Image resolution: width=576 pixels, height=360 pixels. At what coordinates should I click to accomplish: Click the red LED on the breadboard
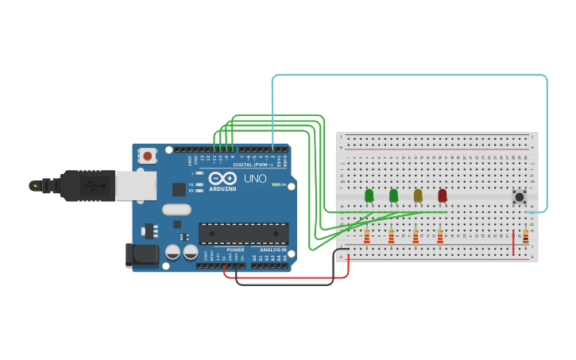(x=443, y=195)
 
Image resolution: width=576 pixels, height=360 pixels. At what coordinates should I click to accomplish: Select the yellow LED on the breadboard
(x=418, y=195)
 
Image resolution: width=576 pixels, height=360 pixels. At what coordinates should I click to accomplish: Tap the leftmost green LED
(x=369, y=195)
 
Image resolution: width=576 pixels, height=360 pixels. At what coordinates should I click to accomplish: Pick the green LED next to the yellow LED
(x=393, y=195)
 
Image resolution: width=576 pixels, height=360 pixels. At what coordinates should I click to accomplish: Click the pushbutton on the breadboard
(x=520, y=196)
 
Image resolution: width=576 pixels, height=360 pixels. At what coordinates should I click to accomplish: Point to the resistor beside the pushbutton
(x=525, y=237)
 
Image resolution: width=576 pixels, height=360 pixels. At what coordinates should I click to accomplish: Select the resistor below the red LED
(x=440, y=237)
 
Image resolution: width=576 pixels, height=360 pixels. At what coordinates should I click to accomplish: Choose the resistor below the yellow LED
(x=416, y=237)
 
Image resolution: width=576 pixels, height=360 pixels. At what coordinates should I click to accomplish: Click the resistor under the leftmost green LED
(x=366, y=237)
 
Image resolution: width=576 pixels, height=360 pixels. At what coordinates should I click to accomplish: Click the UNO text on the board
(x=255, y=179)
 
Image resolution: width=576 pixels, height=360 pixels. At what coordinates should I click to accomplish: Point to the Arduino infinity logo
(x=223, y=179)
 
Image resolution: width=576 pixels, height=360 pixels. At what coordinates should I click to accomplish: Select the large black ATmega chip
(x=243, y=234)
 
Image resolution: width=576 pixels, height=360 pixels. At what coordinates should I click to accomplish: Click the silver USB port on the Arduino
(x=135, y=185)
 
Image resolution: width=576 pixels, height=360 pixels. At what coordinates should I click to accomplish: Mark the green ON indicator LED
(x=275, y=184)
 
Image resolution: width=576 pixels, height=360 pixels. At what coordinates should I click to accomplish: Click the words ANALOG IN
(x=273, y=250)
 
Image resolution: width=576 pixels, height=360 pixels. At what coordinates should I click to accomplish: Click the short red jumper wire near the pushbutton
(x=513, y=242)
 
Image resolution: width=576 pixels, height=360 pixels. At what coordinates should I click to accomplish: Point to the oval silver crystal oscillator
(x=176, y=210)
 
